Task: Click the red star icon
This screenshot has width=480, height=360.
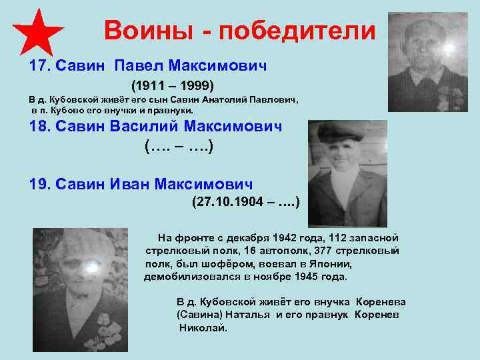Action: click(38, 33)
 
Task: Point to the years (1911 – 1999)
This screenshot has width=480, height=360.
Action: click(172, 86)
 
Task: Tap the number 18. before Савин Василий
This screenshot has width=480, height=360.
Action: click(40, 127)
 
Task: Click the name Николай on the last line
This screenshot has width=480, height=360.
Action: click(203, 329)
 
